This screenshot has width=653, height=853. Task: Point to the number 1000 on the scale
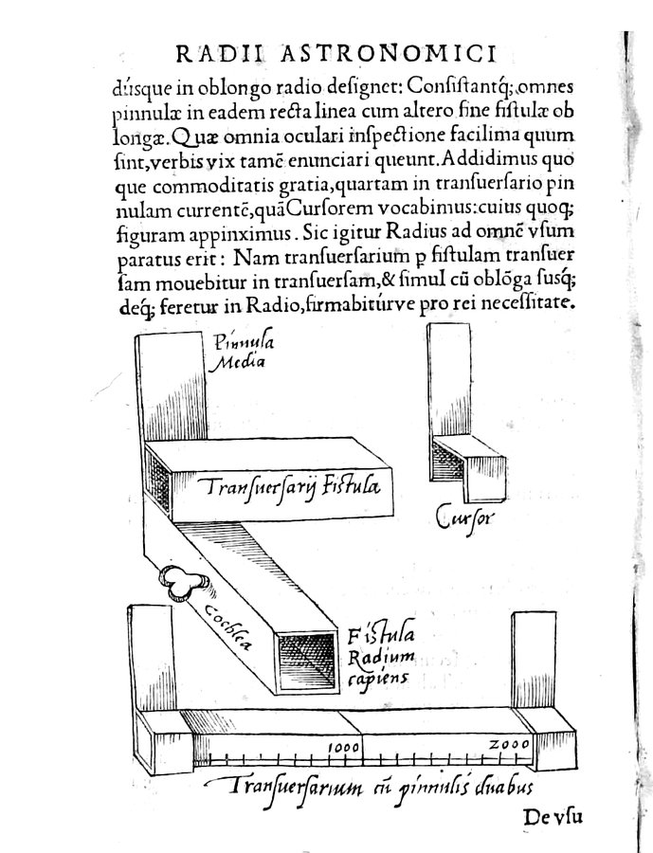[343, 747]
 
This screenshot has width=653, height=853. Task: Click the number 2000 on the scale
[509, 745]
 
